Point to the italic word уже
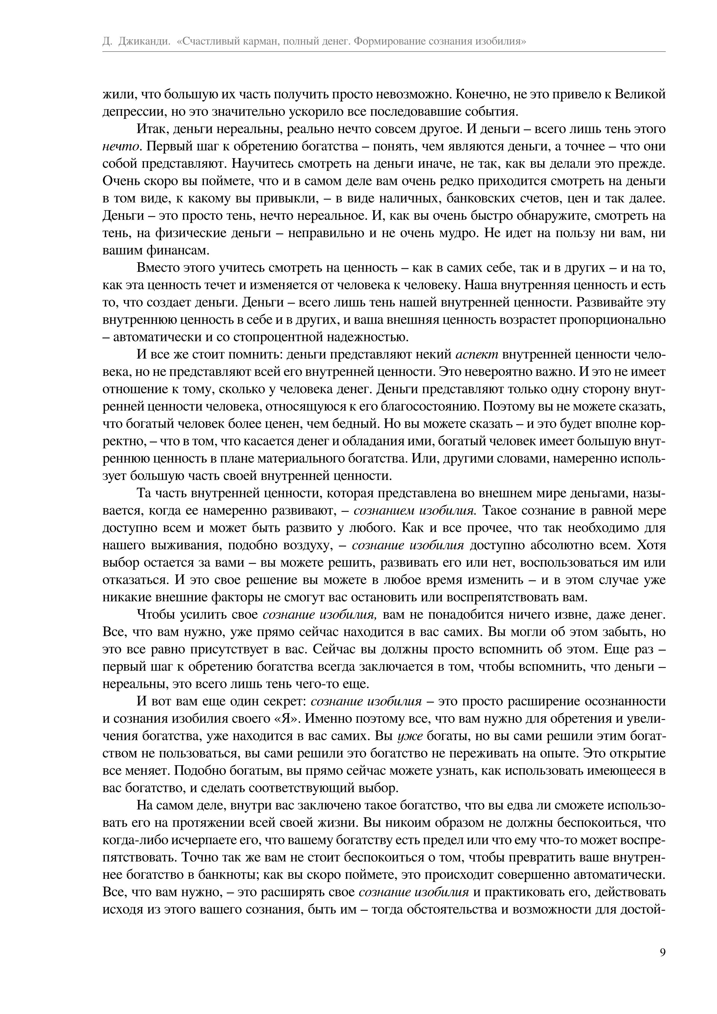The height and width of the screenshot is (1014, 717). [411, 736]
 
